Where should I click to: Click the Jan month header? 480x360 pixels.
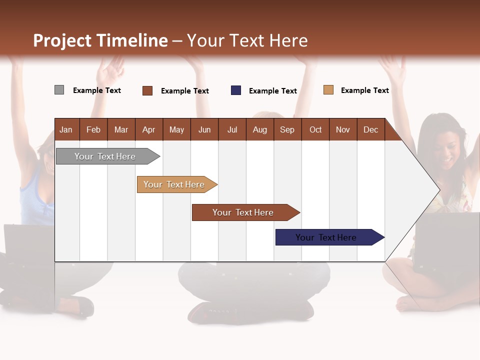pos(66,130)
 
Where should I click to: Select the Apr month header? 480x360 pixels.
pos(149,130)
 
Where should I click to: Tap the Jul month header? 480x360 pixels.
pos(232,130)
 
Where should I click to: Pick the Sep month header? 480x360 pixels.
pos(287,130)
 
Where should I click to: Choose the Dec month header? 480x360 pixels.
pos(370,130)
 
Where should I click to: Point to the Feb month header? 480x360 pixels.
pos(93,130)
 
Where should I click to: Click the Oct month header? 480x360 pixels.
pos(315,130)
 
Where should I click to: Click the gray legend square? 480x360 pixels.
pos(59,90)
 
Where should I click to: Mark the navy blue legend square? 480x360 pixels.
pos(236,90)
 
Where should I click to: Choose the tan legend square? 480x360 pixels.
pos(328,90)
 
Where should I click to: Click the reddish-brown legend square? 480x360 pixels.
pos(147,90)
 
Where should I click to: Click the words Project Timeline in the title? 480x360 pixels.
pos(100,40)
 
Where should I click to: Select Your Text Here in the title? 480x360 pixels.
pos(247,40)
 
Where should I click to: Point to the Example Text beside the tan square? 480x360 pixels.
pos(364,90)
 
